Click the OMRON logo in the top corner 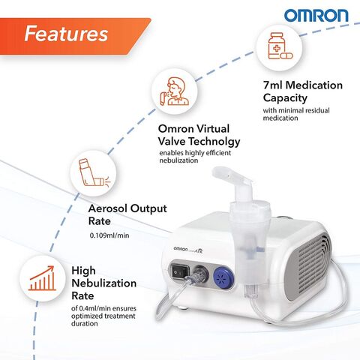click(x=315, y=15)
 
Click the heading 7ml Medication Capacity click(x=304, y=92)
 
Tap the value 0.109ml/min click(x=109, y=235)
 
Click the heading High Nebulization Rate click(x=103, y=283)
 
